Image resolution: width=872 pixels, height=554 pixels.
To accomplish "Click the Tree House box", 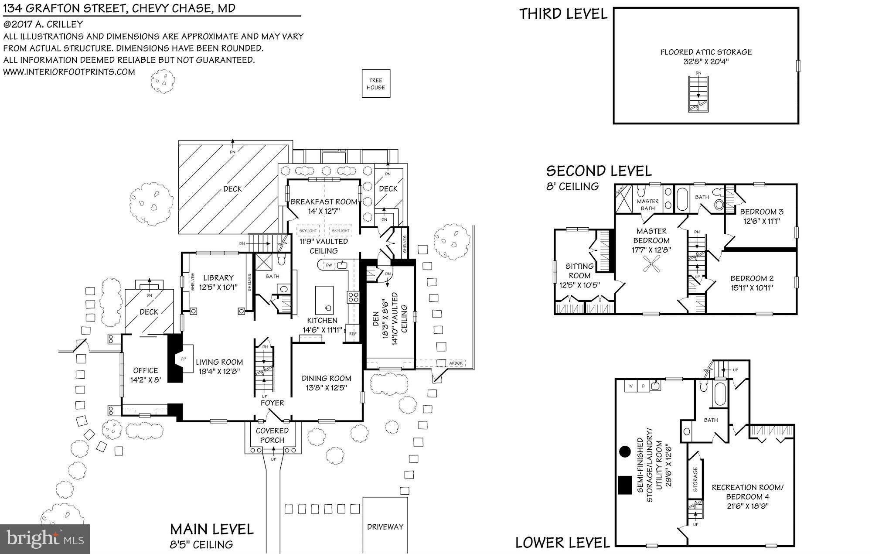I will [x=376, y=84].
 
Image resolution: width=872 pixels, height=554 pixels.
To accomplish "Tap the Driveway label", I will [x=385, y=527].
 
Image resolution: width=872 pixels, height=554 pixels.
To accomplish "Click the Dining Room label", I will [x=326, y=378].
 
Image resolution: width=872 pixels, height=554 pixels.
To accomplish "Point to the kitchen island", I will [x=324, y=300].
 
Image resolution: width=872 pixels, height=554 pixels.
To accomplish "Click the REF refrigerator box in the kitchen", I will [x=352, y=333].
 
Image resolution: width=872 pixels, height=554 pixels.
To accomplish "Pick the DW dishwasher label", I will [x=329, y=265].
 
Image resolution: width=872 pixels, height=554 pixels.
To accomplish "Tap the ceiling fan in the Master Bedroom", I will [x=651, y=263].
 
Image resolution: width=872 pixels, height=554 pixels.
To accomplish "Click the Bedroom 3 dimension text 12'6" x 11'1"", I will [x=761, y=221].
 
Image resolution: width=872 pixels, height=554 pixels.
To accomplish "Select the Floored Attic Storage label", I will [x=706, y=52].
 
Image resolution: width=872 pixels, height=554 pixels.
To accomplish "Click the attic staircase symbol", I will [x=698, y=94].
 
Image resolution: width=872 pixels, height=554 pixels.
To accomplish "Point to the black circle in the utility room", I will [x=625, y=451].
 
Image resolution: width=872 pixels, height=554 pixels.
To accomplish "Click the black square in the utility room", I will [x=625, y=485].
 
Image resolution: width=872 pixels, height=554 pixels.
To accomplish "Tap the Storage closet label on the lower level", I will [x=695, y=479].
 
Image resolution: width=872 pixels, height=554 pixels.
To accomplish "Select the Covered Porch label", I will [x=272, y=435].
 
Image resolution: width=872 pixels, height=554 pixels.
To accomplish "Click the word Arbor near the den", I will [x=456, y=363].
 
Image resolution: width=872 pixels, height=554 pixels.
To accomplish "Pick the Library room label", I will [x=218, y=277].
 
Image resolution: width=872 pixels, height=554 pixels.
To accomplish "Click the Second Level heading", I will [x=599, y=171].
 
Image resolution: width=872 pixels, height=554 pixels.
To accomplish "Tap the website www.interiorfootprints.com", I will [x=69, y=72].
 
